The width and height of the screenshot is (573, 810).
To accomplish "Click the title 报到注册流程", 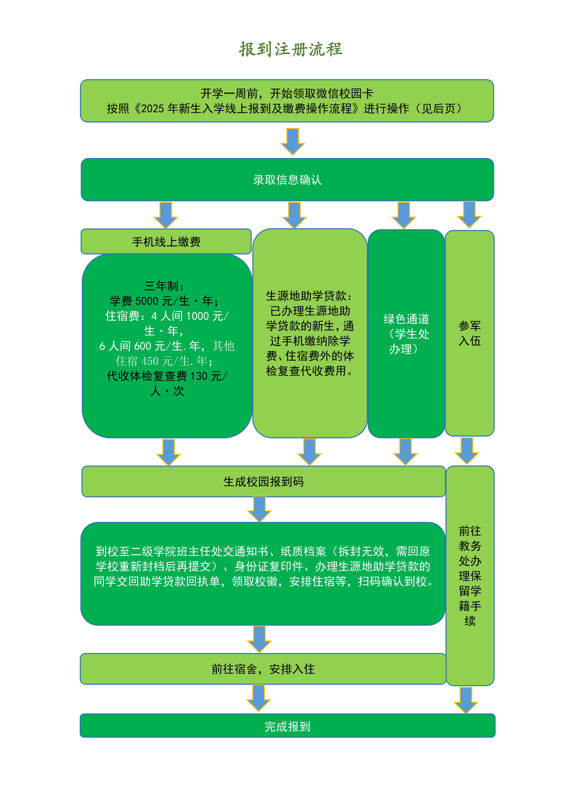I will (290, 49).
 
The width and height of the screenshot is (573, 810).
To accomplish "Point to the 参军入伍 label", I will (470, 333).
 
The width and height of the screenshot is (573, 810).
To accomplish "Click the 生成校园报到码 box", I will (263, 481).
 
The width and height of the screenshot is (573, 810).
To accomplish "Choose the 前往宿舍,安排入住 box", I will (263, 669).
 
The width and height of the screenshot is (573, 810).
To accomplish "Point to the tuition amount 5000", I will (147, 301).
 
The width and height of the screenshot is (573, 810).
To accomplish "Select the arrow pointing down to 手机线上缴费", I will (166, 215).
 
